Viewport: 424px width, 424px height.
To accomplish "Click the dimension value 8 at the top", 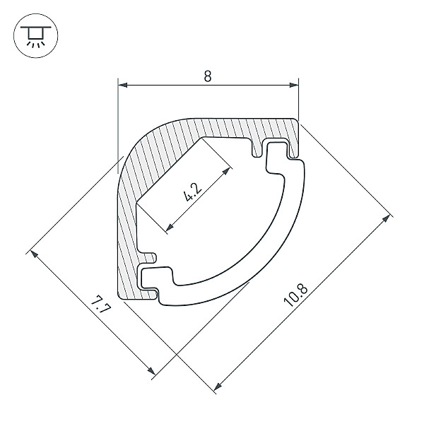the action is pyautogui.click(x=207, y=76).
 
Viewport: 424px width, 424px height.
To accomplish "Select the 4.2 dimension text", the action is pyautogui.click(x=192, y=192).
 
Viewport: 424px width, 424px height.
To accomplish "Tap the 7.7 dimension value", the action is pyautogui.click(x=100, y=305).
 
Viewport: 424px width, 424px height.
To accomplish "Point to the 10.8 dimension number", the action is pyautogui.click(x=295, y=295).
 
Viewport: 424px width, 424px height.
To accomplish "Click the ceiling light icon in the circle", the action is pyautogui.click(x=36, y=36).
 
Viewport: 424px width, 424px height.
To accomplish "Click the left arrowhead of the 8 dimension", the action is pyautogui.click(x=123, y=86).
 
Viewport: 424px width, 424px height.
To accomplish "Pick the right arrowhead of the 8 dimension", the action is pyautogui.click(x=294, y=86).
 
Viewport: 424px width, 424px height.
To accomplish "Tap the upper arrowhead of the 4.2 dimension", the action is pyautogui.click(x=226, y=171).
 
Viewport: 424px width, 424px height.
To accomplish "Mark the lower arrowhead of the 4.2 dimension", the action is pyautogui.click(x=170, y=228).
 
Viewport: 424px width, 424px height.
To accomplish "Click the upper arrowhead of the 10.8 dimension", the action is pyautogui.click(x=386, y=219).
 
